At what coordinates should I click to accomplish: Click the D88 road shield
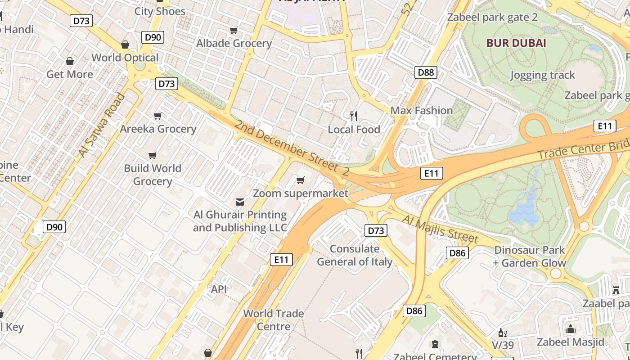coord(426,72)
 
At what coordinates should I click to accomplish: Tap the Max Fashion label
coord(421,111)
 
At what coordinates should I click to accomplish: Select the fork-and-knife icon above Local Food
coord(354,116)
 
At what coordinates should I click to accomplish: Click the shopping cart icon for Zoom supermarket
coord(300,180)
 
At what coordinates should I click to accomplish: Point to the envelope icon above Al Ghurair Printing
coord(240,202)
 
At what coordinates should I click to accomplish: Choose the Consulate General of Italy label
coord(355,255)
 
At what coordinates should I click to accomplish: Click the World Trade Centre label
coord(273,319)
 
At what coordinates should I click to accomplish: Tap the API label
coord(219,289)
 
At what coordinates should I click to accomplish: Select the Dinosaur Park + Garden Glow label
coord(530,256)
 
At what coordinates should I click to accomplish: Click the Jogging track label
coord(542,75)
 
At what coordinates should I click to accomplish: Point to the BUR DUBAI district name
coord(516,43)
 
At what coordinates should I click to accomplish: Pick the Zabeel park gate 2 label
coord(492,18)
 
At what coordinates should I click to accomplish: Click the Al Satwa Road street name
coord(101,125)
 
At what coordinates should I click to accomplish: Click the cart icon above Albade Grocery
coord(234,31)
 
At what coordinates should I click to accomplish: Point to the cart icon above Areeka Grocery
coord(157,116)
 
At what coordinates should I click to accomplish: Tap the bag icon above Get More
coord(70,61)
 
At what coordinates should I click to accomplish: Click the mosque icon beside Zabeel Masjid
coord(571,329)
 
